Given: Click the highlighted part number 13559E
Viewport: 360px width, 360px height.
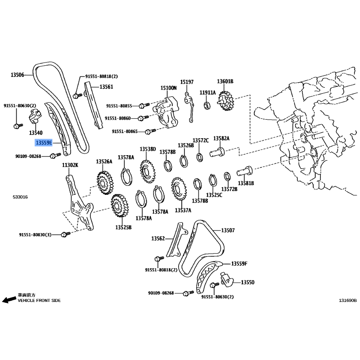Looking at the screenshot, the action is pyautogui.click(x=44, y=143).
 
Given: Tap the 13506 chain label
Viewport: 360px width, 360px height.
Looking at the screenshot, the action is pyautogui.click(x=17, y=75).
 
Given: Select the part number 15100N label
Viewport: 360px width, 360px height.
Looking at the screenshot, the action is pyautogui.click(x=168, y=88).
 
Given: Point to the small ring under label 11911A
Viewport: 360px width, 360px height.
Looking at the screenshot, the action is pyautogui.click(x=207, y=105).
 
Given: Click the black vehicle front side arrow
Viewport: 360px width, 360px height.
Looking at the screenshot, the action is pyautogui.click(x=9, y=300).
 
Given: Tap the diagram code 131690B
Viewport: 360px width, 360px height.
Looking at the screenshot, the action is pyautogui.click(x=348, y=300).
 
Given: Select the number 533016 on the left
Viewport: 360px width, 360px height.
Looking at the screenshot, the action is pyautogui.click(x=20, y=197).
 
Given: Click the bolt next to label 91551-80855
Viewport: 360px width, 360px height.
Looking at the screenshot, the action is pyautogui.click(x=144, y=106).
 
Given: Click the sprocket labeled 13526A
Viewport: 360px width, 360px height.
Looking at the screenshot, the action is pyautogui.click(x=105, y=183).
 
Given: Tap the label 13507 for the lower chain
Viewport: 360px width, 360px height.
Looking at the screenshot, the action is pyautogui.click(x=228, y=230).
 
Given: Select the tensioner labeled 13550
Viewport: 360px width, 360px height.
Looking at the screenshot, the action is pyautogui.click(x=227, y=279).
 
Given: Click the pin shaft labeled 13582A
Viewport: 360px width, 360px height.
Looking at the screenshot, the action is pyautogui.click(x=217, y=152).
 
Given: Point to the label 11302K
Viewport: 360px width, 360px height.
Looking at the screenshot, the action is pyautogui.click(x=70, y=165).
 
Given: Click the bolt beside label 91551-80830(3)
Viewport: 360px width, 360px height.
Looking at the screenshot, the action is pyautogui.click(x=66, y=234).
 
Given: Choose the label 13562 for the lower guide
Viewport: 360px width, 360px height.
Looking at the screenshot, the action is pyautogui.click(x=158, y=238).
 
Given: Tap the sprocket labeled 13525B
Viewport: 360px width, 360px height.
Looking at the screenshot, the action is pyautogui.click(x=120, y=206).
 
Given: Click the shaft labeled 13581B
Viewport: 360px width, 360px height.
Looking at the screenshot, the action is pyautogui.click(x=245, y=171).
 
